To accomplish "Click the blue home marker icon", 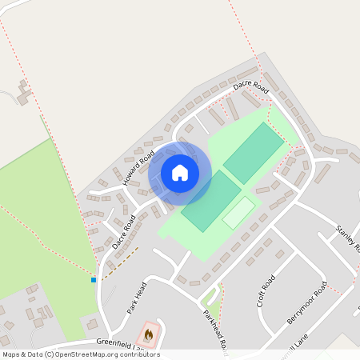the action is point(180,172).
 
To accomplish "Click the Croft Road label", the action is point(266,291).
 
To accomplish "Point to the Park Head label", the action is point(134,298).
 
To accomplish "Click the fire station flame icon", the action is point(148,334).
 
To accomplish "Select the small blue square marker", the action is point(94,280).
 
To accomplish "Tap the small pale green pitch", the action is point(238,212).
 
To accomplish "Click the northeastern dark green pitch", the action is point(254,152).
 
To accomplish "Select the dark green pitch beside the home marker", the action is point(210,201).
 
